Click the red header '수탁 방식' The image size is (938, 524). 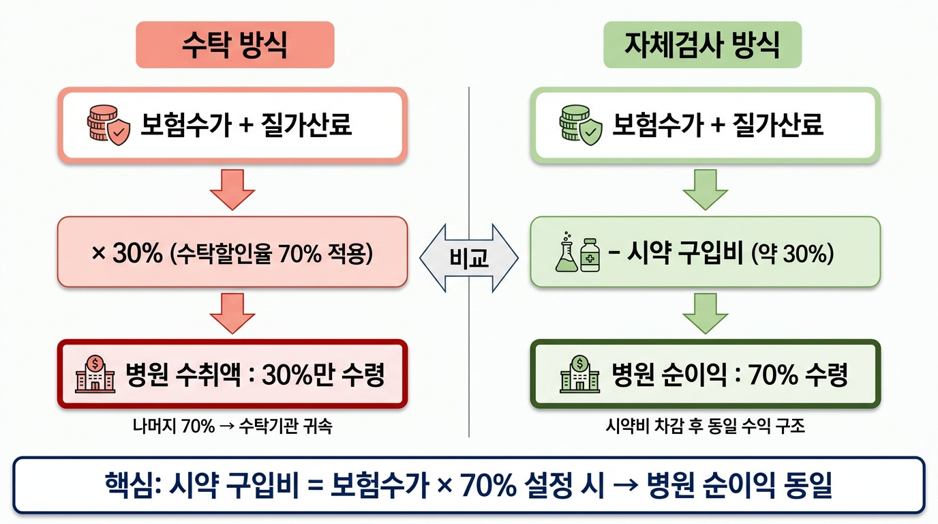235,44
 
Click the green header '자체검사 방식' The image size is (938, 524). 702,44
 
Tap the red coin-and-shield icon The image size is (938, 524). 108,125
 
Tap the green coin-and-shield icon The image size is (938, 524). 581,125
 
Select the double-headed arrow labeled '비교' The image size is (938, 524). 469,258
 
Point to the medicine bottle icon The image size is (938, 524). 590,255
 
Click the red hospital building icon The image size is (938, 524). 95,374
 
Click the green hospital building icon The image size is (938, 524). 580,374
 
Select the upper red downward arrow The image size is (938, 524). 232,190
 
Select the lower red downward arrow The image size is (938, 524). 232,313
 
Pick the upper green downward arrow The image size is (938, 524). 705,190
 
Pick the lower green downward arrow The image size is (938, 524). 705,313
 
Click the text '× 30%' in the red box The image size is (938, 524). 127,252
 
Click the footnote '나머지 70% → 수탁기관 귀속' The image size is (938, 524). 232,426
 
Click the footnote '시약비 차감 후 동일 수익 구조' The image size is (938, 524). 705,426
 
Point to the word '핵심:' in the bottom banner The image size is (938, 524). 133,485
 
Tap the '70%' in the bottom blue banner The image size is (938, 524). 488,485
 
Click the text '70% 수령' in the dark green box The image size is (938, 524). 798,375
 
